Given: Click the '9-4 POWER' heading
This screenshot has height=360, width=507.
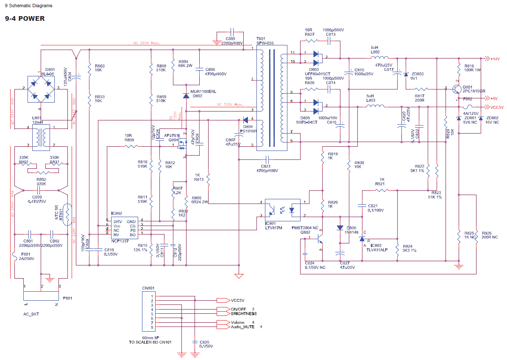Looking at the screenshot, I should pyautogui.click(x=25, y=19).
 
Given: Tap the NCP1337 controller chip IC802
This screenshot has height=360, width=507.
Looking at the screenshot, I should pyautogui.click(x=124, y=228).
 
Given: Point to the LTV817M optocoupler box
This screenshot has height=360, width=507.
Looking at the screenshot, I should pyautogui.click(x=282, y=209).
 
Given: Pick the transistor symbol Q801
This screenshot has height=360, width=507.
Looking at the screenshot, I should pyautogui.click(x=457, y=89).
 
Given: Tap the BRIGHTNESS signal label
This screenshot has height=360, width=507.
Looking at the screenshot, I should pyautogui.click(x=244, y=314).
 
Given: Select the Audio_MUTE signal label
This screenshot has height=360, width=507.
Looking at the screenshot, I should pyautogui.click(x=243, y=327).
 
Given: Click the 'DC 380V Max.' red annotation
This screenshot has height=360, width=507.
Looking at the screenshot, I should pyautogui.click(x=146, y=43).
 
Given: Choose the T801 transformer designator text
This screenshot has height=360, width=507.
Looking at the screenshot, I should pyautogui.click(x=261, y=39).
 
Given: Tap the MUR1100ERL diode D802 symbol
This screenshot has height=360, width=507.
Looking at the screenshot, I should pyautogui.click(x=185, y=96).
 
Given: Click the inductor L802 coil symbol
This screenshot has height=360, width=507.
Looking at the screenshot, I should pyautogui.click(x=380, y=58).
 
